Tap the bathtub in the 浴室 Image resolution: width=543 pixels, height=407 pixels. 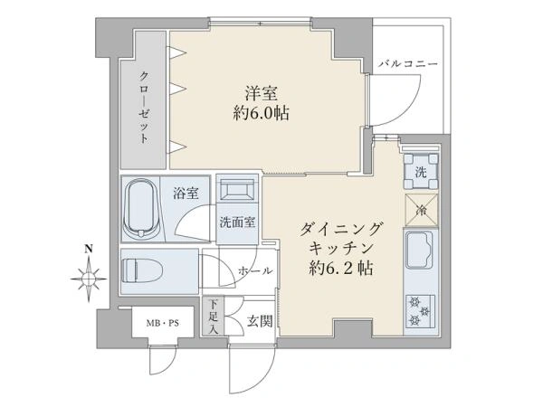pos(141,209)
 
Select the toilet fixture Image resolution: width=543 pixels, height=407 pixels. pos(142,271)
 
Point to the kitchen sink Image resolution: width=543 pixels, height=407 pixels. pos(420,251)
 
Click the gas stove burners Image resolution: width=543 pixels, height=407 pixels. pos(420,311)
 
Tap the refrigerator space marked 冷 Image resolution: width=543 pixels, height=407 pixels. pos(422,210)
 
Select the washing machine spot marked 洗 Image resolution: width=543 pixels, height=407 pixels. pos(421,171)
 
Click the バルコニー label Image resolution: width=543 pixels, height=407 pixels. pos(408,64)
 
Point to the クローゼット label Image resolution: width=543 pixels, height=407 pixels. pos(144,107)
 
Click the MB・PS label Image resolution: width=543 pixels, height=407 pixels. pos(163,324)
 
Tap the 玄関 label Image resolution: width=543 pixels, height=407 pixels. pos(260,321)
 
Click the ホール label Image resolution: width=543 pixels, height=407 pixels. pos(255,271)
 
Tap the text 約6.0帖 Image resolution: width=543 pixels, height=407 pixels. pos(262,113)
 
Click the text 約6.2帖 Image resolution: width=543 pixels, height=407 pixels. pos(341,268)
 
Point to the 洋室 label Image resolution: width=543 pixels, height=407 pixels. pos(262,93)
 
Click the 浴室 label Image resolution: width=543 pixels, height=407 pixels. pos(186,194)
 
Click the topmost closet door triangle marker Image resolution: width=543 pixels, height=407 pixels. pos(177,52)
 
